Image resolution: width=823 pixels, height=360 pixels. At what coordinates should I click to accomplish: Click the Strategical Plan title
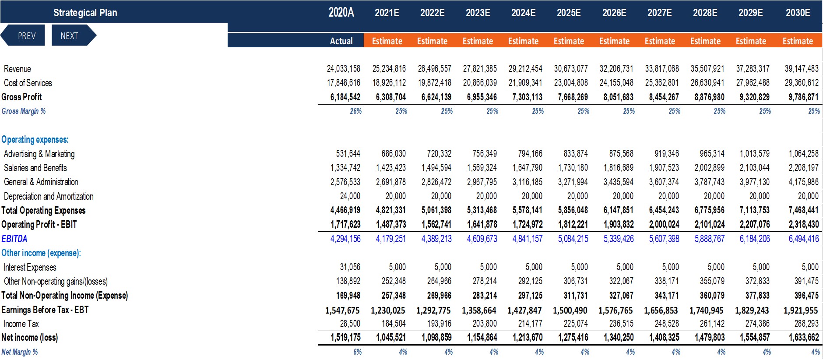click(x=85, y=13)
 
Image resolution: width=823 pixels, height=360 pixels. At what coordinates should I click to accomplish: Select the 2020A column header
click(x=341, y=12)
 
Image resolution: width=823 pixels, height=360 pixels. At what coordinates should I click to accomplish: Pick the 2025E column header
click(x=569, y=13)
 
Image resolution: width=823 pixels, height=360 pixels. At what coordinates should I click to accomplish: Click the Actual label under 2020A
click(x=341, y=41)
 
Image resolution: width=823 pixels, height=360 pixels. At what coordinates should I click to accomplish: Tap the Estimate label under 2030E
click(x=798, y=41)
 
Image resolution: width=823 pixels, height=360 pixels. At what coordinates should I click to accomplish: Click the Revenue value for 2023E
click(x=480, y=69)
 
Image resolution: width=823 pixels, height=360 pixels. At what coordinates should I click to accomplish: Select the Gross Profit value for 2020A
click(x=346, y=97)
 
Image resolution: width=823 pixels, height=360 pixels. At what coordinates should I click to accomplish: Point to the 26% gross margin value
click(x=355, y=111)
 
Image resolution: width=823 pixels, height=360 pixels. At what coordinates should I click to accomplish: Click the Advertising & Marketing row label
click(x=39, y=154)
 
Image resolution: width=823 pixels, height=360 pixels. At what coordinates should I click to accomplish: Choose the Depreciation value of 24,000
click(x=350, y=196)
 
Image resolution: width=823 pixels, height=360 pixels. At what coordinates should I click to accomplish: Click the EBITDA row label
click(x=14, y=239)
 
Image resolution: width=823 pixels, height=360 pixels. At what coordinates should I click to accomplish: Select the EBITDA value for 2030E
click(x=803, y=239)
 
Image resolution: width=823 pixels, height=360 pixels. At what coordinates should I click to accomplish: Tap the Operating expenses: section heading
click(x=35, y=140)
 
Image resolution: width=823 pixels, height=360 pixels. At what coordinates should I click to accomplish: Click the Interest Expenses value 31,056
click(x=350, y=267)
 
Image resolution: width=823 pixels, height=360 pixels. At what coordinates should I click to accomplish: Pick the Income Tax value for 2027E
click(x=667, y=324)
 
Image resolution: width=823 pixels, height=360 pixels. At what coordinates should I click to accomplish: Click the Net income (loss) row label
click(x=30, y=338)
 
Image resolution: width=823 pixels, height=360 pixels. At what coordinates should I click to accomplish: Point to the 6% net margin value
click(x=357, y=352)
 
